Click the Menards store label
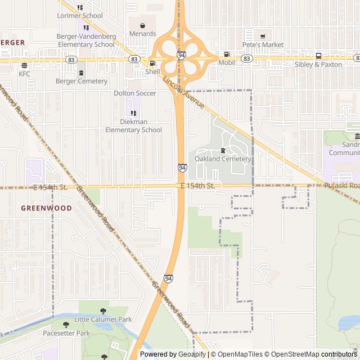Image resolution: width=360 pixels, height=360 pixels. click(142, 34)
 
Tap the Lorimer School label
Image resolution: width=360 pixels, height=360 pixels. click(80, 16)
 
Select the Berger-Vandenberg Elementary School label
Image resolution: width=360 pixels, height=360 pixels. click(86, 40)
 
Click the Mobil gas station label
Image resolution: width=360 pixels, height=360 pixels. click(227, 63)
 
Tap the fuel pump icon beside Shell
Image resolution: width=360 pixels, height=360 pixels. click(152, 63)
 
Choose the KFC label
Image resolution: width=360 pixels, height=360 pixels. click(24, 74)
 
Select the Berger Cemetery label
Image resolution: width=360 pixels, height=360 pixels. click(82, 81)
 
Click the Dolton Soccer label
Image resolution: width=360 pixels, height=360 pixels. click(135, 93)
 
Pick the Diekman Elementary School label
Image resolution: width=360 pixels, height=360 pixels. click(133, 125)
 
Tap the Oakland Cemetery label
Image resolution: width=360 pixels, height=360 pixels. click(223, 159)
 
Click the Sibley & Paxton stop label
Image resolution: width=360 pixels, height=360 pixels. click(318, 65)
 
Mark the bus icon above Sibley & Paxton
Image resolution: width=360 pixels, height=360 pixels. click(318, 56)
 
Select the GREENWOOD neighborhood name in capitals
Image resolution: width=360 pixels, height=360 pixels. click(46, 208)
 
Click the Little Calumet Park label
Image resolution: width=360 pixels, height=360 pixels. click(103, 319)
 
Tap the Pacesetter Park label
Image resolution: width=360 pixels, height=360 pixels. click(66, 333)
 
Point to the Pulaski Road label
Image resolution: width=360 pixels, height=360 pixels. click(341, 186)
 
